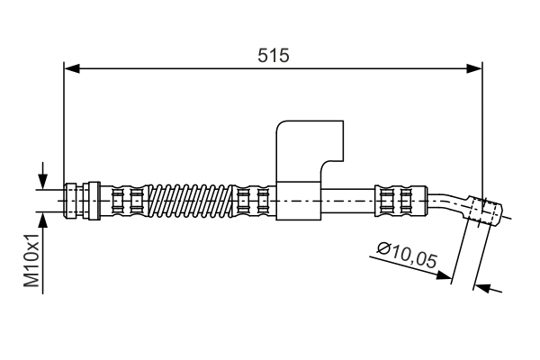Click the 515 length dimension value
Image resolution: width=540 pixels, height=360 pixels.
point(274,56)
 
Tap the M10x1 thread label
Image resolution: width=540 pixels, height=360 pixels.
point(31,260)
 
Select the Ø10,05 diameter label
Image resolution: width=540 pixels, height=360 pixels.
point(407,256)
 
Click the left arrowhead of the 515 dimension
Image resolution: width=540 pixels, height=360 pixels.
point(72,68)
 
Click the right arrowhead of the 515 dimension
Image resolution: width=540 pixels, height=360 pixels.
point(474,68)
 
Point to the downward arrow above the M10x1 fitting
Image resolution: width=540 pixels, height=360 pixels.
point(42,175)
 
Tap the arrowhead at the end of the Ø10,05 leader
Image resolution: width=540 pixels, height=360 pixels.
point(444,274)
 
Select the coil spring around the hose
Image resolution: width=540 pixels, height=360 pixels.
point(191,202)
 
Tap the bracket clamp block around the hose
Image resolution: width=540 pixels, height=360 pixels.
point(300,201)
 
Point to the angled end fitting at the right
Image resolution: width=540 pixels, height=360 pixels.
point(484,211)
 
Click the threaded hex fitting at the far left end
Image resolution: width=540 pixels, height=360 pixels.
point(71,201)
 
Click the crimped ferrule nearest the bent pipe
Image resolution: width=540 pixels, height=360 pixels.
point(400,202)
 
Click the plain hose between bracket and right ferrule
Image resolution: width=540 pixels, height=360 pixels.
point(349,202)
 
